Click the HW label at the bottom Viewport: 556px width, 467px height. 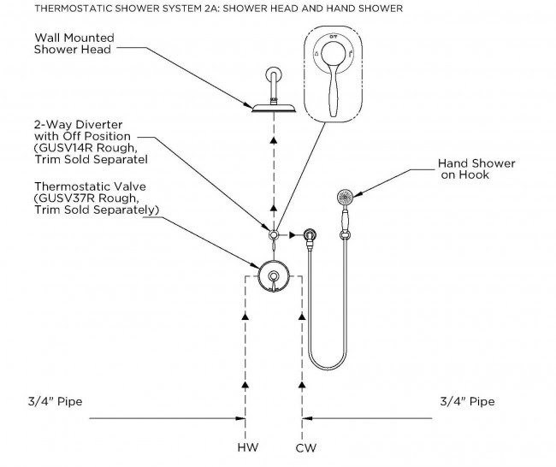pos(248,447)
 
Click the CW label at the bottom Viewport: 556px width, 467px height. pos(305,448)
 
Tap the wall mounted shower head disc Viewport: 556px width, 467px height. pos(274,108)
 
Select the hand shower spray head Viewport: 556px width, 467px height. pos(345,198)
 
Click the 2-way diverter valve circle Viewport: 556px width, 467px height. pos(274,234)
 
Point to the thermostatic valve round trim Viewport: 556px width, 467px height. pos(274,276)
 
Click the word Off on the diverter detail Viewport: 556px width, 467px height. pos(333,37)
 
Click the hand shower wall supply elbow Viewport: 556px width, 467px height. pos(310,237)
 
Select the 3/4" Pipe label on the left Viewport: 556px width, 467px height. pos(56,401)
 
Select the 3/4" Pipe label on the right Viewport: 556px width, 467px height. pos(467,401)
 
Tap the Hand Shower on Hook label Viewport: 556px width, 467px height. pos(476,168)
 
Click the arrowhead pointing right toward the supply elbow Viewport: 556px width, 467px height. pos(293,234)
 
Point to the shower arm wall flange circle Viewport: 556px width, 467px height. pos(274,75)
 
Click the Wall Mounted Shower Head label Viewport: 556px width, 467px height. pos(74,44)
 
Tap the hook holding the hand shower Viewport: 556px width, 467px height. pos(345,234)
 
